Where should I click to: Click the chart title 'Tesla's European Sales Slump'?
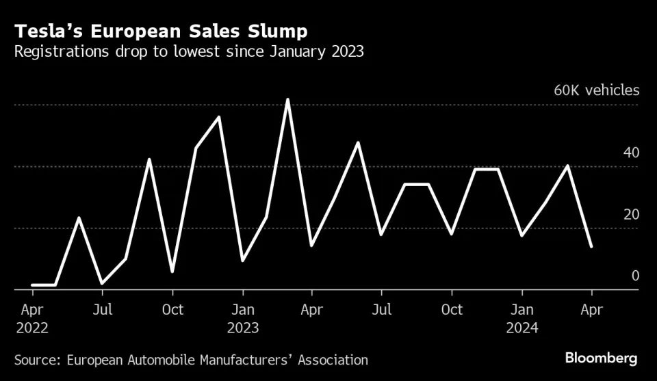[162, 31]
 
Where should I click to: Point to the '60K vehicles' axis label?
[596, 90]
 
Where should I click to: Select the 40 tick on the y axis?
[630, 152]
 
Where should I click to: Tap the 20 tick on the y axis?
[630, 214]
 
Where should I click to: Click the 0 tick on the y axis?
[635, 276]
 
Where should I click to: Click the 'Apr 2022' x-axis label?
[31, 318]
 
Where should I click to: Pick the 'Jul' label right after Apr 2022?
[102, 310]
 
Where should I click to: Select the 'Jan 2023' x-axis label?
[243, 318]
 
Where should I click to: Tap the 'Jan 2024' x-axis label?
[522, 318]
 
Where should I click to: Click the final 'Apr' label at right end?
[592, 310]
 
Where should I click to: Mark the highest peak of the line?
[288, 100]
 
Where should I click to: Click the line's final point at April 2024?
[591, 246]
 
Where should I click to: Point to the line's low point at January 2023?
[243, 261]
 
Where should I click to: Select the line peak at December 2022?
[219, 117]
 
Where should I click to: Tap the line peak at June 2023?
[358, 143]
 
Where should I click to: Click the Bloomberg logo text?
[601, 358]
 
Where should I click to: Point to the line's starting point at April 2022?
[32, 285]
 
